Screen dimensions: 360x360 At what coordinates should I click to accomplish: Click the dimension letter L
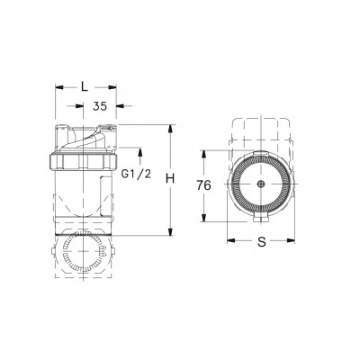pos(84,86)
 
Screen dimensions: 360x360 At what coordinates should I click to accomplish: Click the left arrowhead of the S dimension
pos(230,241)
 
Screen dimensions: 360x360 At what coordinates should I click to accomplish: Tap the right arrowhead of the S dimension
pos(293,241)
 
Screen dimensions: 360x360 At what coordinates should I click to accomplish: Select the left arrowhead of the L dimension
pos(59,87)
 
